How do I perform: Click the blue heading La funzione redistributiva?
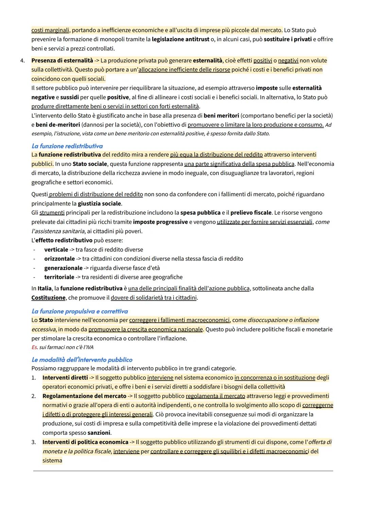click(x=67, y=146)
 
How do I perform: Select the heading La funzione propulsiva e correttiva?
click(x=80, y=311)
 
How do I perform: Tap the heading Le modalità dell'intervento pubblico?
click(x=82, y=360)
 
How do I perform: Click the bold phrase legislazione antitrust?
click(x=180, y=39)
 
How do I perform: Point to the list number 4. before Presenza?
click(x=22, y=61)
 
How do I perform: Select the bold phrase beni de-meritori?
click(x=58, y=125)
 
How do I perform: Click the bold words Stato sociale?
click(x=90, y=164)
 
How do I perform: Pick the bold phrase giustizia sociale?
click(x=99, y=204)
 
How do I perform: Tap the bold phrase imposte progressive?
click(x=160, y=222)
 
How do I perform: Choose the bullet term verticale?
click(x=56, y=250)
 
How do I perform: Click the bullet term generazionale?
click(x=63, y=268)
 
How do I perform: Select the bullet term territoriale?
click(x=59, y=277)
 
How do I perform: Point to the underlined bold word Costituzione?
click(x=48, y=298)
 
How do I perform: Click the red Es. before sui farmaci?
click(x=34, y=347)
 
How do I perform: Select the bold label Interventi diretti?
click(x=65, y=378)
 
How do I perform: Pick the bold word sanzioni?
click(x=99, y=433)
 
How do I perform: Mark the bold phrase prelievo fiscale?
click(x=251, y=213)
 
